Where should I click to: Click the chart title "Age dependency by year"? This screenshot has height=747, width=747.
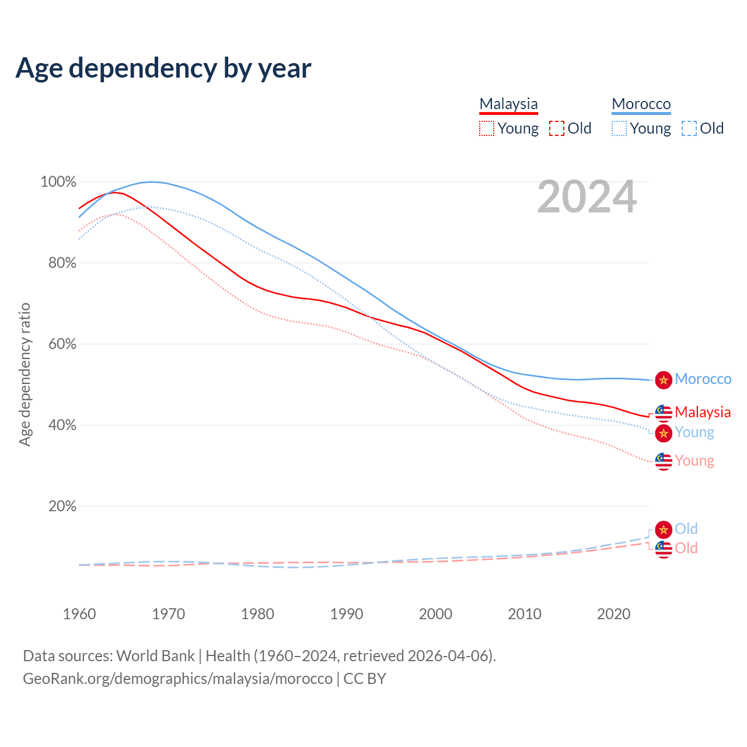tap(163, 68)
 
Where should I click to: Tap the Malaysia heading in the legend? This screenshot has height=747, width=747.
tap(508, 104)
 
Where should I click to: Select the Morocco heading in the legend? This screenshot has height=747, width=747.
tap(641, 104)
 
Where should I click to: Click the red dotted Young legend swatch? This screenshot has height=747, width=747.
tap(486, 128)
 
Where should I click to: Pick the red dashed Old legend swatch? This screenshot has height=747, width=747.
tap(557, 128)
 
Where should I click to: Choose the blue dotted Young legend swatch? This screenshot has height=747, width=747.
tap(619, 128)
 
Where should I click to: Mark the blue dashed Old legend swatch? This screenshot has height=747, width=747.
tap(689, 128)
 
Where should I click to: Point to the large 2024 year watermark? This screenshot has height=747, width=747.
tap(587, 197)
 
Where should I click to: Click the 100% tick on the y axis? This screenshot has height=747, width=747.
tap(58, 182)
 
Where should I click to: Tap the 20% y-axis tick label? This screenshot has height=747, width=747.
tap(62, 507)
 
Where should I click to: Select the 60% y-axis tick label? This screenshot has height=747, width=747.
tap(62, 344)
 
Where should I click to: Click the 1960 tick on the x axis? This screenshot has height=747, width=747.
tap(79, 614)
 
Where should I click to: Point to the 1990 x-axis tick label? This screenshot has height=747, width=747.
tap(347, 614)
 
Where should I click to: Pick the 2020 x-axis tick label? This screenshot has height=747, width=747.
tap(614, 614)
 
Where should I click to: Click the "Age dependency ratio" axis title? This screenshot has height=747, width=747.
tap(25, 374)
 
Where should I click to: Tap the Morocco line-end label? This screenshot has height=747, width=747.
tap(703, 379)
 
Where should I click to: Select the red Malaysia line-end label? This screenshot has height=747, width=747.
tap(703, 412)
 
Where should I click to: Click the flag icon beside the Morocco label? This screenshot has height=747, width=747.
tap(664, 380)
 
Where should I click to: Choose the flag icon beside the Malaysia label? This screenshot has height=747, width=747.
tap(664, 413)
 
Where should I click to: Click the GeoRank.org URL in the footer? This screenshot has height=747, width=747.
tap(177, 679)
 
